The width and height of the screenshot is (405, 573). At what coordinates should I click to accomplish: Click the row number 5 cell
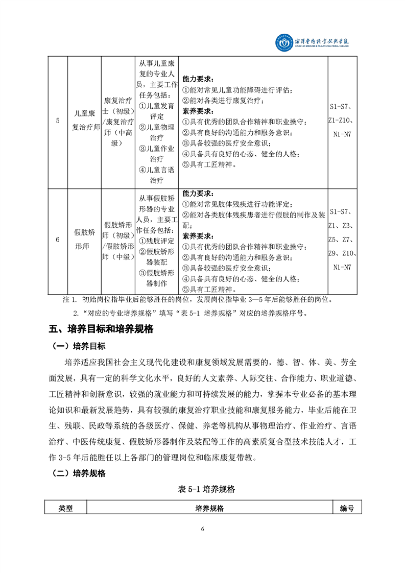tap(58, 121)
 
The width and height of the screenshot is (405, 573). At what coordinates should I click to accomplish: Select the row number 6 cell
tap(58, 239)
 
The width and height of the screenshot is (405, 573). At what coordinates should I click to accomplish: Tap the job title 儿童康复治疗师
tap(84, 121)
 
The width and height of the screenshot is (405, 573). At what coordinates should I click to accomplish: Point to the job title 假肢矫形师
tap(84, 239)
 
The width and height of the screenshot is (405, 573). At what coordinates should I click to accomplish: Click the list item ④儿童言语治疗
tap(156, 175)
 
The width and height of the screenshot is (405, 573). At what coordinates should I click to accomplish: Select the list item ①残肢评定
tap(156, 240)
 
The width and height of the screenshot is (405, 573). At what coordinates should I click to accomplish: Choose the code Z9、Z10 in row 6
tap(343, 253)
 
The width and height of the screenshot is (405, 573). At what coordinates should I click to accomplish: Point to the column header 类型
tap(66, 509)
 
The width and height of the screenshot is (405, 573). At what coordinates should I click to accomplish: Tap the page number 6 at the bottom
tap(203, 529)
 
